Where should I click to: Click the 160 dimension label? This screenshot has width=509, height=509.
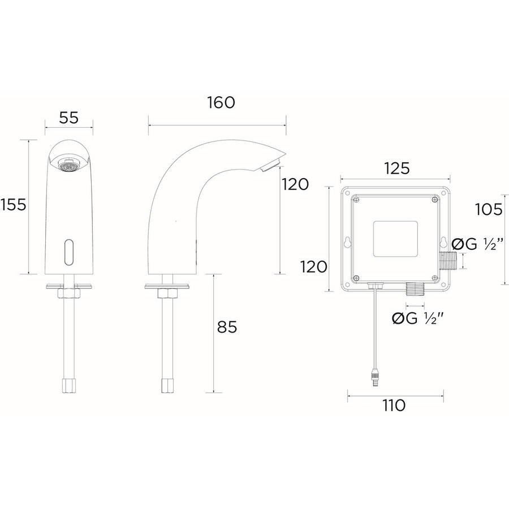pyautogui.click(x=221, y=103)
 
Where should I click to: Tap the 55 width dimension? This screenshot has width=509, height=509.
pyautogui.click(x=69, y=118)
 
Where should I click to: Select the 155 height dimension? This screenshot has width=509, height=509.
pyautogui.click(x=14, y=205)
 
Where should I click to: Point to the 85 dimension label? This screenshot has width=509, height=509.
pyautogui.click(x=227, y=327)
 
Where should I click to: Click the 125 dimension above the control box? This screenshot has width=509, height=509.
pyautogui.click(x=396, y=169)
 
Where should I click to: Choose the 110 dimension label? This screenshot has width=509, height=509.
pyautogui.click(x=394, y=406)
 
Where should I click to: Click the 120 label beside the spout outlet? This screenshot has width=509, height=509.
pyautogui.click(x=295, y=185)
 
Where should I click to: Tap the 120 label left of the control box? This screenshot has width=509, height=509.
pyautogui.click(x=313, y=267)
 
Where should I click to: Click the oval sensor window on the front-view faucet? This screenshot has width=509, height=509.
pyautogui.click(x=69, y=252)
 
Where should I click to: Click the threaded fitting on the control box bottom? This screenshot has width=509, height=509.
pyautogui.click(x=416, y=288)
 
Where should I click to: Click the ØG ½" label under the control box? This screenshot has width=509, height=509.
pyautogui.click(x=417, y=318)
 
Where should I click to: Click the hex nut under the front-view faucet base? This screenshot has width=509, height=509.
pyautogui.click(x=68, y=294)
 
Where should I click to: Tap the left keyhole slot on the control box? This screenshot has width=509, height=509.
pyautogui.click(x=348, y=242)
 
